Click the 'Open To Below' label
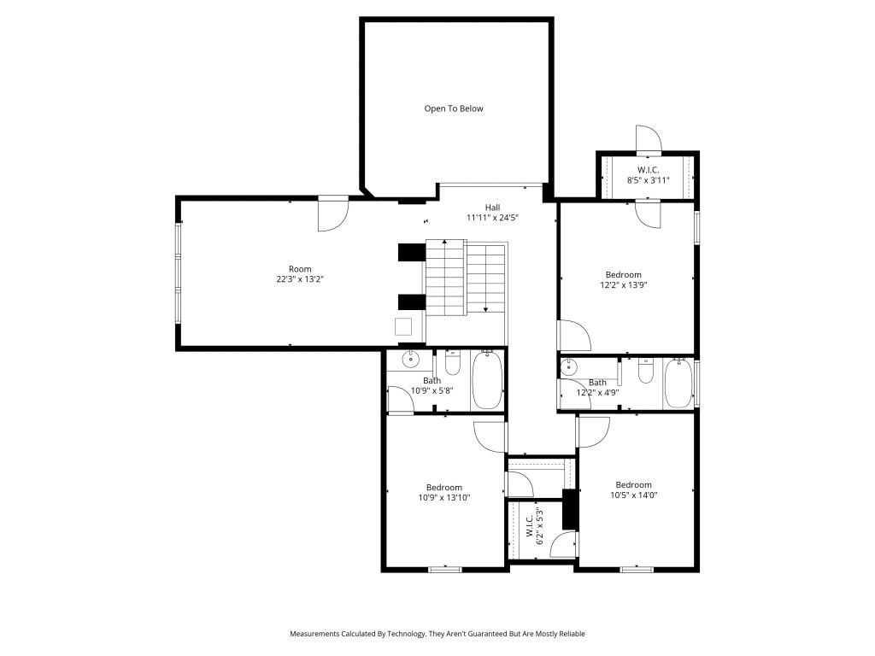[454, 108]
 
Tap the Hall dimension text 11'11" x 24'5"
[492, 218]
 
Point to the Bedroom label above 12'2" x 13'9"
[623, 274]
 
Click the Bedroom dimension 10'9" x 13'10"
[444, 498]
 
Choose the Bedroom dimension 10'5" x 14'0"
[633, 495]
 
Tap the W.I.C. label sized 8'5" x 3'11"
[648, 170]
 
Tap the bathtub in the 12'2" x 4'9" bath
[679, 384]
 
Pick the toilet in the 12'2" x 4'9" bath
[646, 371]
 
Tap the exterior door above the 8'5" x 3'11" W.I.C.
[648, 140]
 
